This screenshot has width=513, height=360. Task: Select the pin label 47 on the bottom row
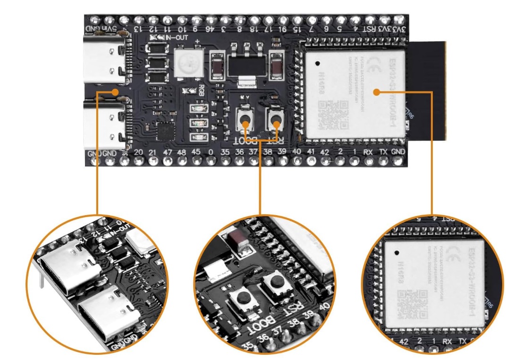[168, 152]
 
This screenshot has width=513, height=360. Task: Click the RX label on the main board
[368, 152]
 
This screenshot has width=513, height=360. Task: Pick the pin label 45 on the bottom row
[196, 152]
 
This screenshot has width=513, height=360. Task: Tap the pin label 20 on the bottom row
[138, 152]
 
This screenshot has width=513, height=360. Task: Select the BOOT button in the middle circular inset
[244, 298]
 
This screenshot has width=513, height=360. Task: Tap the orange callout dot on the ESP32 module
[376, 92]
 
